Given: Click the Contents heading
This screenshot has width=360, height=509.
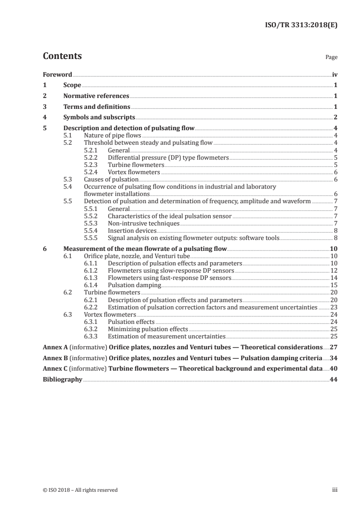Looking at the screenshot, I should coord(62,56).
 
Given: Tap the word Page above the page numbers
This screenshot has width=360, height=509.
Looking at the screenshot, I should coord(331,58).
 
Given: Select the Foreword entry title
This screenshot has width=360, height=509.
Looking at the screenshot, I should coord(57,74).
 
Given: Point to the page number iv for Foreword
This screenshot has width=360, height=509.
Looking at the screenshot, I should coord(334,74).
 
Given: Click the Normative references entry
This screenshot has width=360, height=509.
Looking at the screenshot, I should coord(96,96).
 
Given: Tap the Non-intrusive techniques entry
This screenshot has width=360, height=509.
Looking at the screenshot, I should coord(143,224).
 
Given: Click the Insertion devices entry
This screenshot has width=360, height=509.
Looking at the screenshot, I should coord(132,231).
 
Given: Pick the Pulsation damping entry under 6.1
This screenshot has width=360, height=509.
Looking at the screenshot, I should coord(134,285).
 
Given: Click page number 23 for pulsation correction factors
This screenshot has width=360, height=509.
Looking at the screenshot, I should coord(333,307).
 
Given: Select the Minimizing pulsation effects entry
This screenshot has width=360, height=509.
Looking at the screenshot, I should coord(148,329).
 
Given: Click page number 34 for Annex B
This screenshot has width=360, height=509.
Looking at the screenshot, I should coord(333,358).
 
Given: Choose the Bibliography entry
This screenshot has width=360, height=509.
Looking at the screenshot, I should coord(62,380).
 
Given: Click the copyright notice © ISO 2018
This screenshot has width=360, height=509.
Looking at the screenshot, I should coord(80,490).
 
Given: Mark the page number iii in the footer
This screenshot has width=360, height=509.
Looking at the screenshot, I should coord(334,490).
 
